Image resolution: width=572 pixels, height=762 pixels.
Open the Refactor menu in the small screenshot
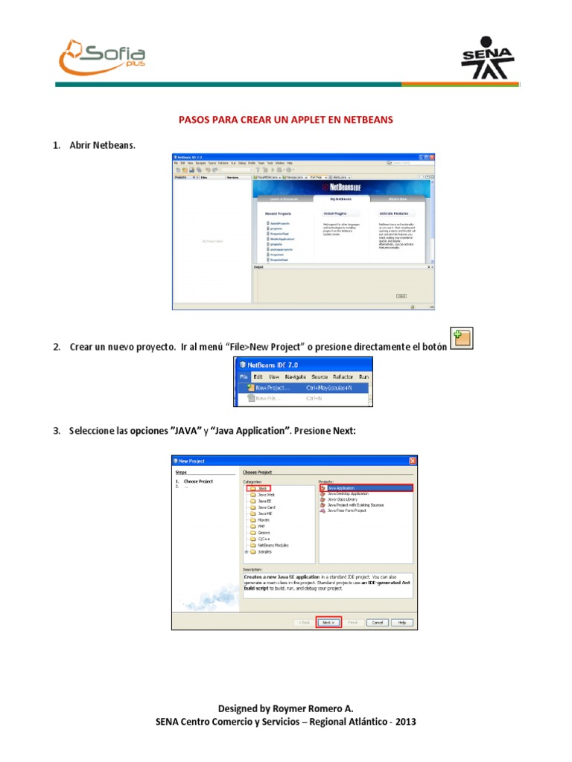pos(343,377)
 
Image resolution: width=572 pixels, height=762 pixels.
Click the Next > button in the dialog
pos(328,622)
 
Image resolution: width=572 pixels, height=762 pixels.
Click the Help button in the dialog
pos(401,622)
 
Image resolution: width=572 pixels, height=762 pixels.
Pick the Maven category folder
pos(263,519)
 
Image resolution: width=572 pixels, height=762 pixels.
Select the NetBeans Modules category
pos(273,545)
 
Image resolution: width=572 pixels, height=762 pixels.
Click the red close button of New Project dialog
pos(412,461)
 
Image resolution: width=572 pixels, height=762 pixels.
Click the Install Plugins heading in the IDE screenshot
pos(335,213)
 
